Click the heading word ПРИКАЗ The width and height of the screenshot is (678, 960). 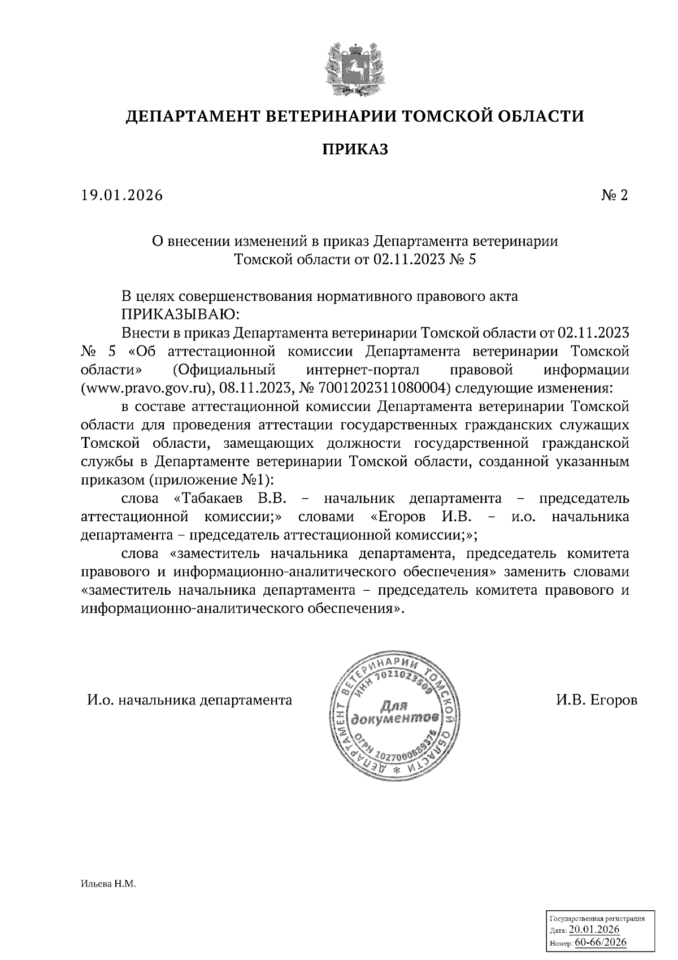pos(355,150)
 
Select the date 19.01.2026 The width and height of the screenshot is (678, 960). pos(121,196)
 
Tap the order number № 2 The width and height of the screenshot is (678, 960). pos(615,196)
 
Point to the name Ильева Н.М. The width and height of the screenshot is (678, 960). pos(109,883)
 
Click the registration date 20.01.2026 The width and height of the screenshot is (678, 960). pos(594,930)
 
